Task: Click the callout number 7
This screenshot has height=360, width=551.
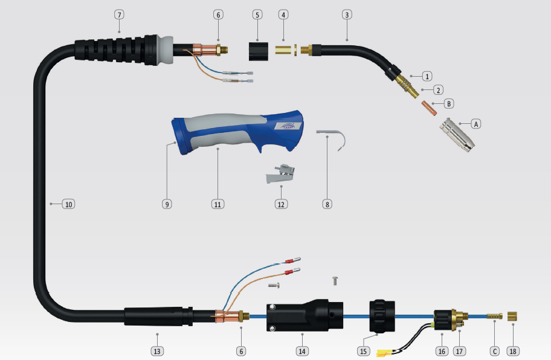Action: click(x=119, y=14)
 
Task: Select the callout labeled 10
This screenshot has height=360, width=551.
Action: click(x=68, y=204)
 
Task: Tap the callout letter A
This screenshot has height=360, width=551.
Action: click(x=476, y=124)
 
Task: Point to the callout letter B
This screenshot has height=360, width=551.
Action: click(x=449, y=104)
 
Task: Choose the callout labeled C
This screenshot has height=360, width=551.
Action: click(x=495, y=351)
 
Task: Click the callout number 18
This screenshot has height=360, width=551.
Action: click(x=513, y=351)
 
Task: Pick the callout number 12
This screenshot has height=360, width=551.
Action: click(x=281, y=204)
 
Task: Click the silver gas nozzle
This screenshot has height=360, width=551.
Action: click(x=457, y=135)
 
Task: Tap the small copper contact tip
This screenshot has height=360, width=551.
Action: click(x=429, y=108)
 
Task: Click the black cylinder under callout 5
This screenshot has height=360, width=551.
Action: click(x=259, y=51)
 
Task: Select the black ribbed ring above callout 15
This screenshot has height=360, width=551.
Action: click(x=382, y=316)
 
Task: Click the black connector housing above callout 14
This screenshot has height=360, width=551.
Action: click(x=304, y=315)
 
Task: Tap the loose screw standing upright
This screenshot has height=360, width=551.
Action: click(x=335, y=281)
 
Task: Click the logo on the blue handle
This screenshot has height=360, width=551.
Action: click(x=289, y=126)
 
